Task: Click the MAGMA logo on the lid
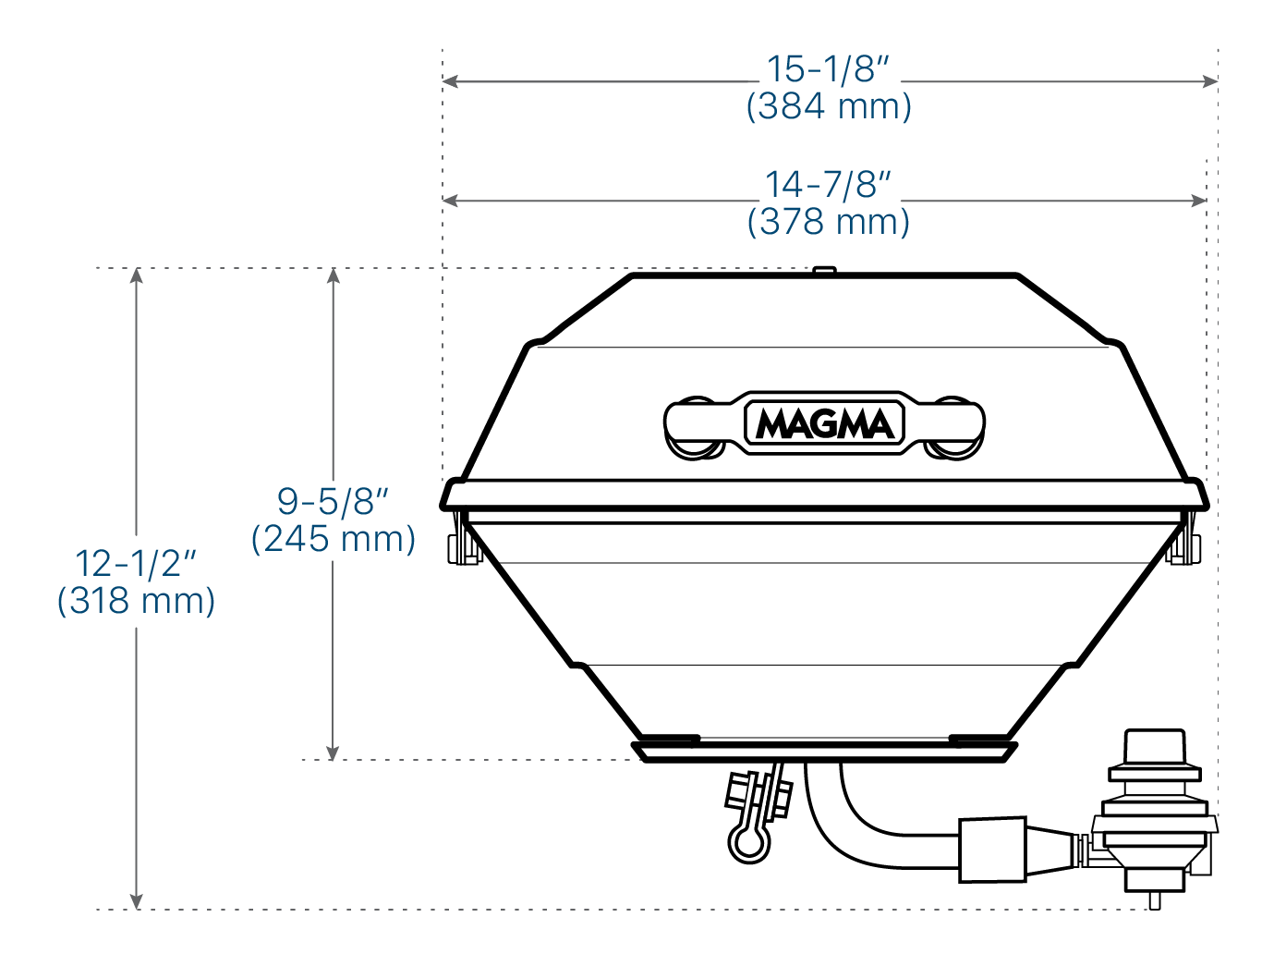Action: click(x=825, y=424)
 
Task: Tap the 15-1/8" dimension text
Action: click(x=828, y=69)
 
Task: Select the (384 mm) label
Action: click(x=829, y=106)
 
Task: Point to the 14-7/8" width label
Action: click(x=828, y=185)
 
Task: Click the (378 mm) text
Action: click(x=829, y=222)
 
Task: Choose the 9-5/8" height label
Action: click(x=333, y=501)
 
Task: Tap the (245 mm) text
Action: click(x=334, y=539)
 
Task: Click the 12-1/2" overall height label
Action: click(x=136, y=563)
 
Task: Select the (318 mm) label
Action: click(x=136, y=601)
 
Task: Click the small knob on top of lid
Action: click(x=824, y=270)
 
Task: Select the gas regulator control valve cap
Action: click(x=1153, y=745)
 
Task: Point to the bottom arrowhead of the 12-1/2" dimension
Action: click(x=137, y=900)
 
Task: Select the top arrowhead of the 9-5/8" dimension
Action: click(x=334, y=275)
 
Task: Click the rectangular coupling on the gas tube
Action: click(x=992, y=849)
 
